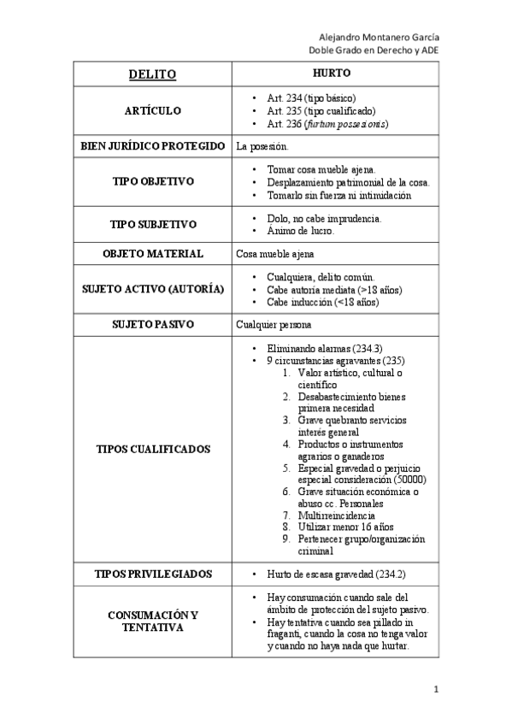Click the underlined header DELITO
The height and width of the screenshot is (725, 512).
(x=152, y=74)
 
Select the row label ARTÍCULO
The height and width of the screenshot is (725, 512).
(x=152, y=111)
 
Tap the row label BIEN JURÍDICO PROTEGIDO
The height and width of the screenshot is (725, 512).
(x=152, y=146)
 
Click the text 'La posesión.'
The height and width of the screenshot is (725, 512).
(x=262, y=147)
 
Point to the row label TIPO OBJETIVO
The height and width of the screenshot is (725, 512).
(x=152, y=182)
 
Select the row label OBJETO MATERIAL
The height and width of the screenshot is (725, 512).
(x=152, y=254)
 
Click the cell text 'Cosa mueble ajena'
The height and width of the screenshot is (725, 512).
(x=275, y=254)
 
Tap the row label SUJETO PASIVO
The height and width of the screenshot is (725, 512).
(x=152, y=325)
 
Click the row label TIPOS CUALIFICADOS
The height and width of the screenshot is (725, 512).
(x=152, y=449)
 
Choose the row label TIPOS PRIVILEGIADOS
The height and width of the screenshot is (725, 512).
(x=152, y=573)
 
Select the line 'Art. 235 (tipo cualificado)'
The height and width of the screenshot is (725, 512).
(x=321, y=111)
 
